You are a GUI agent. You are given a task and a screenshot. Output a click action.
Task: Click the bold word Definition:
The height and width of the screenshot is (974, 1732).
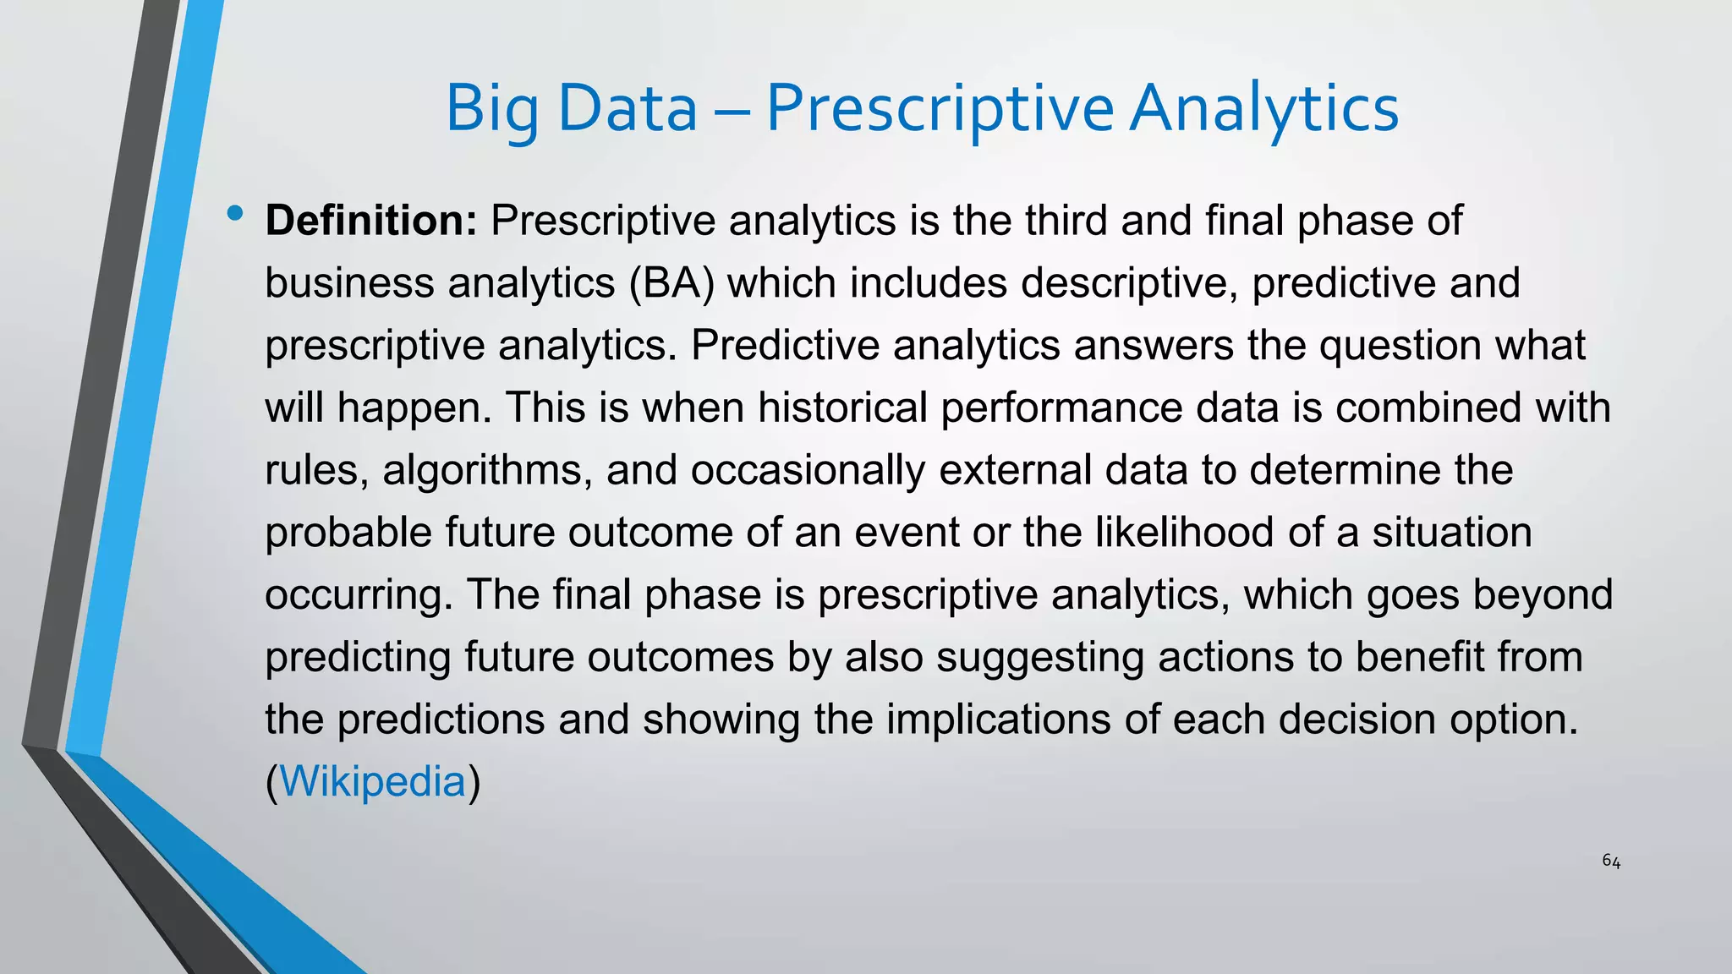(371, 221)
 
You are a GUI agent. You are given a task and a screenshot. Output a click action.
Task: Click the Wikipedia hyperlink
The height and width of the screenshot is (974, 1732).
(372, 781)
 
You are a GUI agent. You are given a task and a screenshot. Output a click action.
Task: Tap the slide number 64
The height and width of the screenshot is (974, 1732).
(1611, 862)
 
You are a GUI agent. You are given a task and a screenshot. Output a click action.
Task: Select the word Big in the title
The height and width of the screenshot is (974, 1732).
(491, 110)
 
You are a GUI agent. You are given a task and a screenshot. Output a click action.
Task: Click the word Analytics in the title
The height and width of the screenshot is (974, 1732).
(1264, 110)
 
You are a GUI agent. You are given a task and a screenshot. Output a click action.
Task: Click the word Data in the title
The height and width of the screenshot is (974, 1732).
(628, 110)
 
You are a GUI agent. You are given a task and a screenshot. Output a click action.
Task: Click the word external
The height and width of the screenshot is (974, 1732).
(1000, 470)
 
